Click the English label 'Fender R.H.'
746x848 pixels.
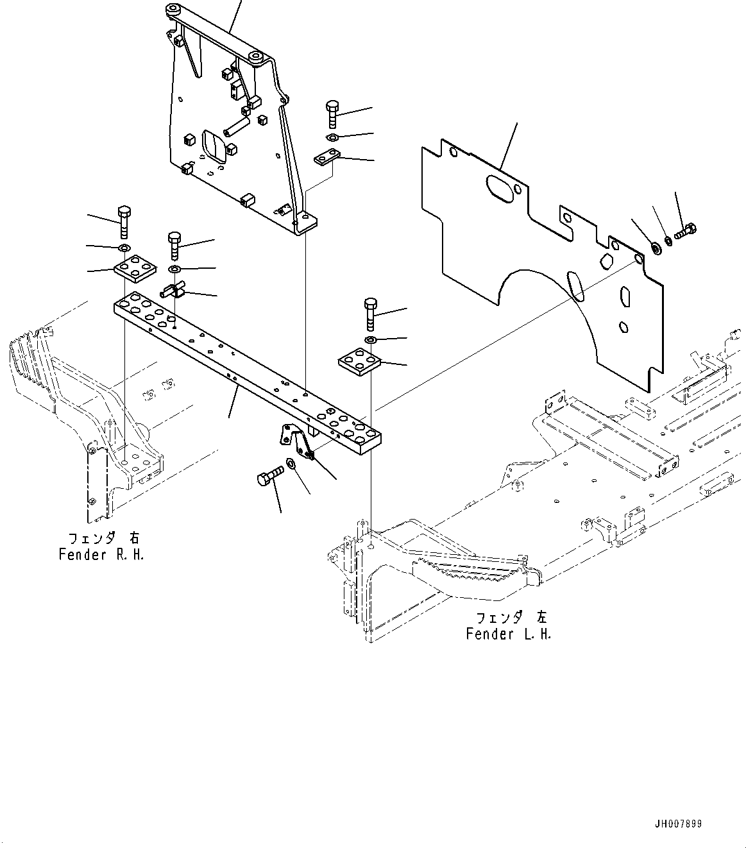click(x=101, y=555)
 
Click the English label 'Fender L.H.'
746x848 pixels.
click(x=508, y=634)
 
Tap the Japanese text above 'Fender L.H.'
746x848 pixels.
click(x=511, y=618)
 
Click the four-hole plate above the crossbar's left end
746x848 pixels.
click(x=135, y=268)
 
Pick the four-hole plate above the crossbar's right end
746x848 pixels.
click(x=359, y=361)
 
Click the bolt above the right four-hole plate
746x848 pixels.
click(x=371, y=312)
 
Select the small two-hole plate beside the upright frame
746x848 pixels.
click(x=326, y=157)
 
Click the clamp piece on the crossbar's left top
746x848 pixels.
click(x=173, y=291)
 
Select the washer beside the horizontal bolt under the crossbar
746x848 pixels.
click(x=292, y=463)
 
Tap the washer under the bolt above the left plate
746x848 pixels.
click(x=124, y=248)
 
